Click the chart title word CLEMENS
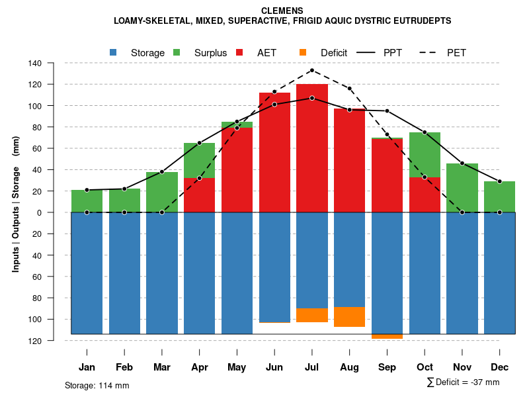click(282, 11)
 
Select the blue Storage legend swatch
click(114, 52)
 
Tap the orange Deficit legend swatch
click(303, 52)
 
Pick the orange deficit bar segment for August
click(350, 317)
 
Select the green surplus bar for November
click(462, 187)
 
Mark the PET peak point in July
click(312, 70)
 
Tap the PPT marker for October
click(425, 132)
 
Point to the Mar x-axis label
click(162, 367)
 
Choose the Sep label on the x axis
click(387, 367)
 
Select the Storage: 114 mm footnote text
click(97, 385)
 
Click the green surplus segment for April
click(200, 160)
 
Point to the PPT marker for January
click(87, 190)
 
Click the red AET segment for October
click(425, 195)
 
